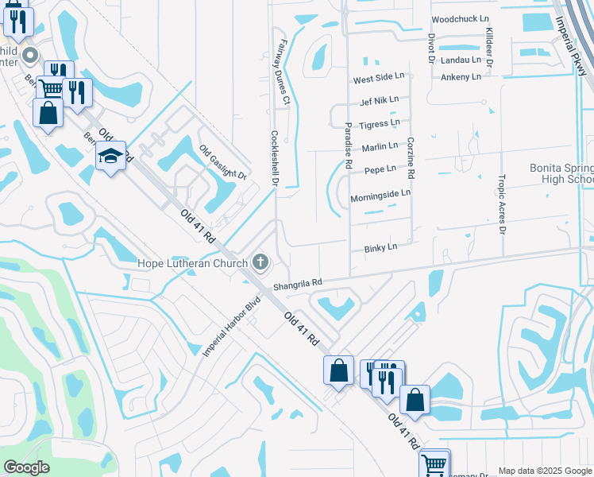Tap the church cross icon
[x=260, y=262]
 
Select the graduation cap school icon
[x=111, y=157]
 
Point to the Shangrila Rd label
[x=298, y=282]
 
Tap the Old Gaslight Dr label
[x=223, y=162]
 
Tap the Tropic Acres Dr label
[x=502, y=204]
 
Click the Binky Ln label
[x=380, y=249]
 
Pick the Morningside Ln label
[x=380, y=193]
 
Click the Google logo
[x=25, y=467]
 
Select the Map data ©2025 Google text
[x=545, y=471]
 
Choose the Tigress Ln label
[x=380, y=125]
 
